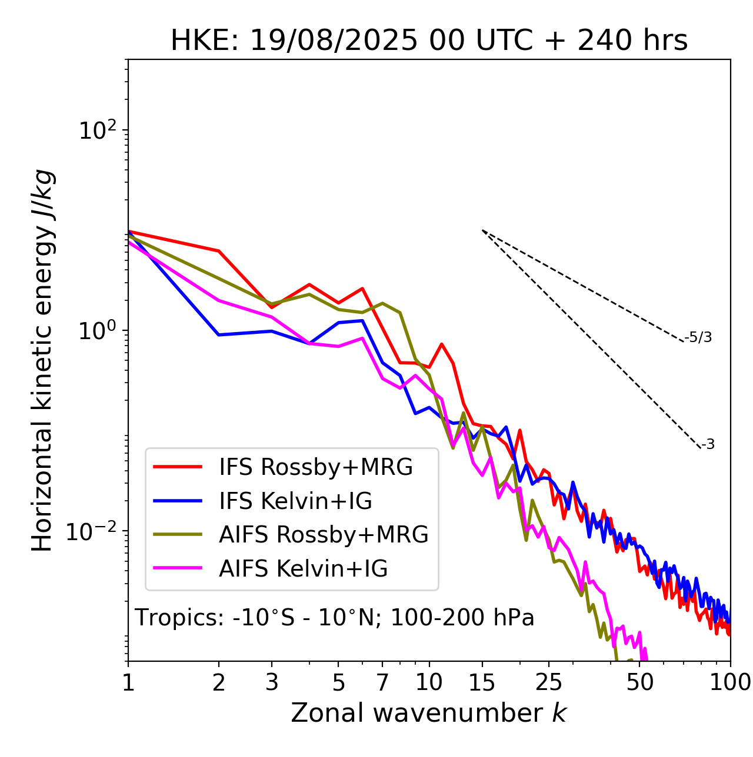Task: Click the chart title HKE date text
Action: click(x=429, y=41)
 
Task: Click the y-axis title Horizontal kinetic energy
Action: click(x=42, y=360)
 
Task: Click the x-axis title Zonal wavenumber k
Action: click(x=429, y=713)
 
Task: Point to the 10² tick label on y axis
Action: click(x=97, y=130)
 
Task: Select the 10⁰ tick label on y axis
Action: click(x=97, y=331)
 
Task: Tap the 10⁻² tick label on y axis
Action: click(x=94, y=531)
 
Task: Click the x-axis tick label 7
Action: click(x=382, y=682)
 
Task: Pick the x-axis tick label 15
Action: click(x=482, y=682)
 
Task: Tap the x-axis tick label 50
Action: click(x=639, y=682)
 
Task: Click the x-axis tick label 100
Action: click(x=730, y=682)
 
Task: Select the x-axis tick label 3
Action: click(x=272, y=682)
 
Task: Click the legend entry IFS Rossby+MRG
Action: click(x=316, y=467)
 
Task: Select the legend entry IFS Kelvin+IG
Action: click(x=295, y=501)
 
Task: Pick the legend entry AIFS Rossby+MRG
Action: click(x=324, y=535)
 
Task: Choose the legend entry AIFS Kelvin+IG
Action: click(x=303, y=569)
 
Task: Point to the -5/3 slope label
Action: click(x=698, y=337)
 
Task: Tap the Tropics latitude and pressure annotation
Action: click(x=334, y=618)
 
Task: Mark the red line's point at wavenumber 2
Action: click(x=219, y=251)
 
